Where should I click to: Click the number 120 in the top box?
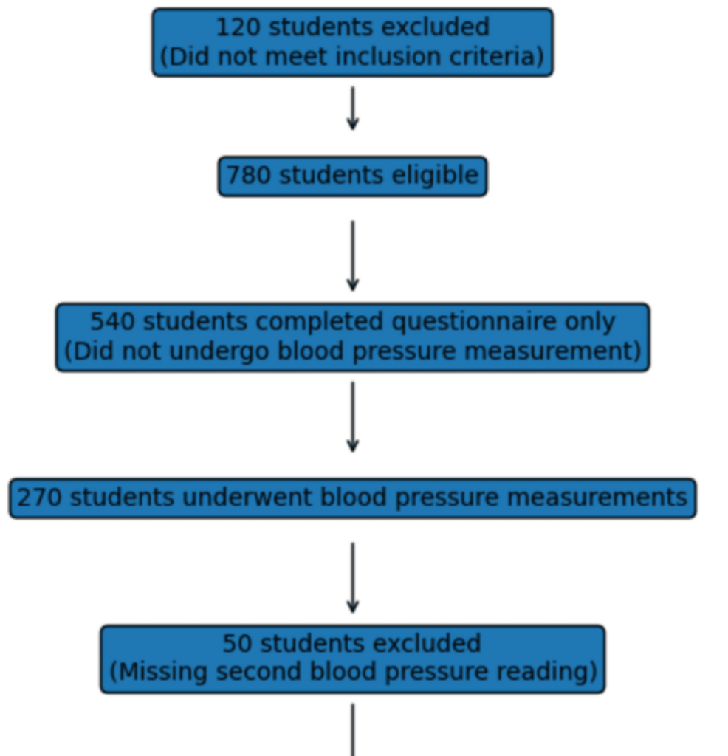pos(238,27)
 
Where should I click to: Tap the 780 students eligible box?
pos(352,176)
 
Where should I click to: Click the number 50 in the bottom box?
pos(238,643)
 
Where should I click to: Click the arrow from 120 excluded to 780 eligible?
pos(353,108)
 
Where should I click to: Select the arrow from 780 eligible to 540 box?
pos(353,255)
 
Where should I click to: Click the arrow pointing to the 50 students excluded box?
pos(353,577)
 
